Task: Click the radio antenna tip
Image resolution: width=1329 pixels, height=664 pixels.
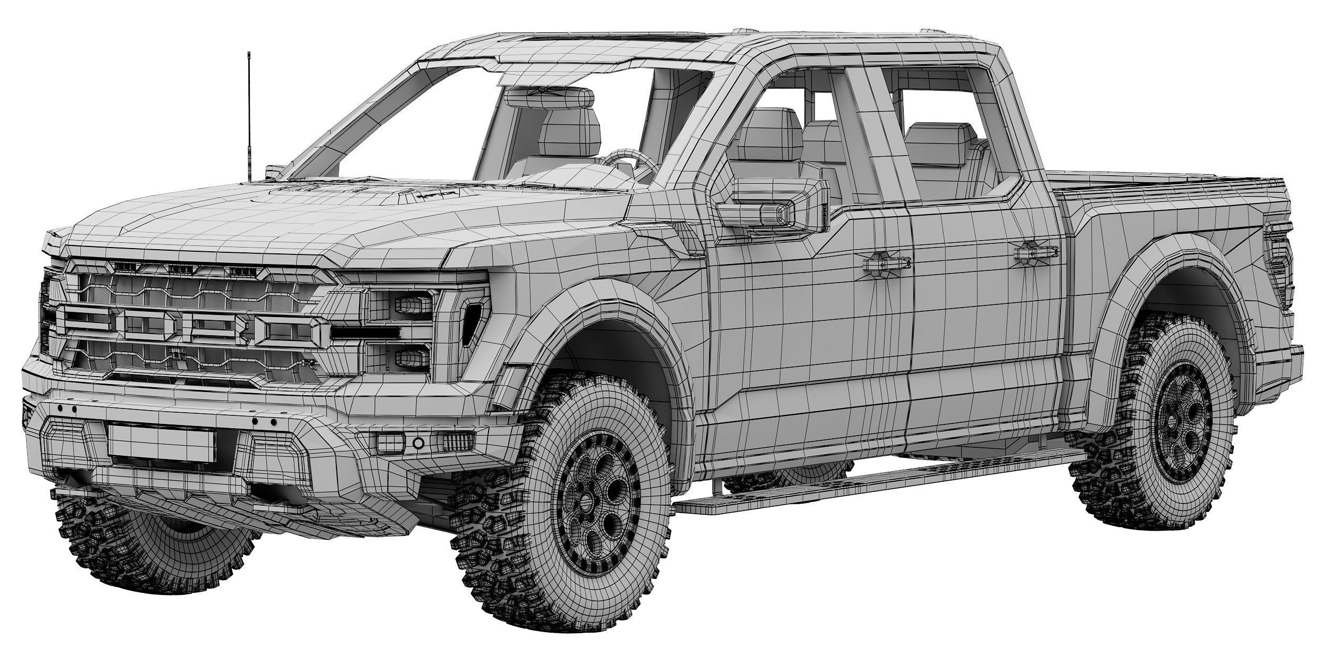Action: (248, 54)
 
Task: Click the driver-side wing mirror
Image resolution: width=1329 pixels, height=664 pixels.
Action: (771, 205)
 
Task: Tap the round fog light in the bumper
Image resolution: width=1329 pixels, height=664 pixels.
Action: (418, 442)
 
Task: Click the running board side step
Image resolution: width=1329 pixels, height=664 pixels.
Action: (872, 483)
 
